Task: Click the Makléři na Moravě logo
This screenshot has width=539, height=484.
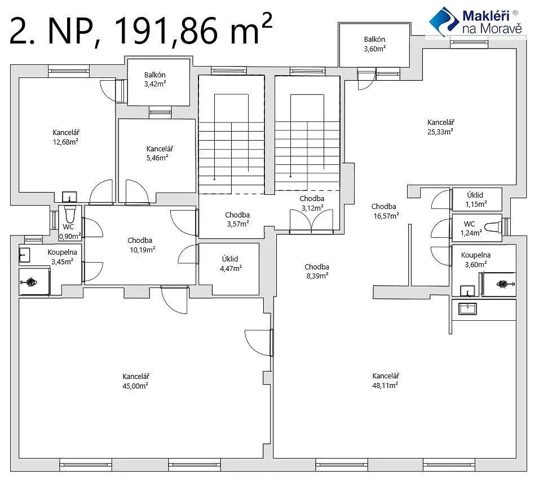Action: point(476,21)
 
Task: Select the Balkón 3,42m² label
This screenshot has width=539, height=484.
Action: point(155,79)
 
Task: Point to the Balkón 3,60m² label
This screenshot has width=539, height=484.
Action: point(375,44)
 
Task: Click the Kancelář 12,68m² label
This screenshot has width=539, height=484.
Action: point(65,137)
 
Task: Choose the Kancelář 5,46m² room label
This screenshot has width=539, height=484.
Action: point(159,153)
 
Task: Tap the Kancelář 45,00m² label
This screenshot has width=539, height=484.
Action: point(135,381)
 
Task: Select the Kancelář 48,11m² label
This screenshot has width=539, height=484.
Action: point(385,381)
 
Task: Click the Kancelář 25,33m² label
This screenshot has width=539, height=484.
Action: point(440,127)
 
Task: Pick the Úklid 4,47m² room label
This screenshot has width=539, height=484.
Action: point(230,263)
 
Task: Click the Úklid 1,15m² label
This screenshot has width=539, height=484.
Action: point(475,200)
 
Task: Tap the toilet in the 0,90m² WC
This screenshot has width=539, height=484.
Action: point(69,214)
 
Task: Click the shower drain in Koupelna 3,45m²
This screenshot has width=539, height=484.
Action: point(30,282)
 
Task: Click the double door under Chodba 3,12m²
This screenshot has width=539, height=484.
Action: point(311,222)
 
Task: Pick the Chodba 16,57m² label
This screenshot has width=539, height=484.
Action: point(385,211)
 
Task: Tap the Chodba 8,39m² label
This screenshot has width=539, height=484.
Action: point(317,271)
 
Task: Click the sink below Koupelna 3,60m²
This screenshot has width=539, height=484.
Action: point(468,309)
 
